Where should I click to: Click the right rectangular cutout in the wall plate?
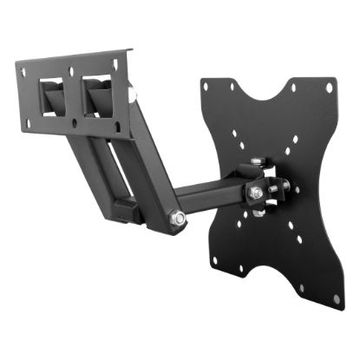click(97, 93)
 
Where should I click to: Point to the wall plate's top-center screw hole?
click(79, 62)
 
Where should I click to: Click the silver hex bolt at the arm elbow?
click(177, 219)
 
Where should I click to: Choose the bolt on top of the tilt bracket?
click(257, 162)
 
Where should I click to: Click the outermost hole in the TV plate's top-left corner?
click(206, 86)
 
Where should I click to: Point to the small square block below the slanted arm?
click(127, 207)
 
